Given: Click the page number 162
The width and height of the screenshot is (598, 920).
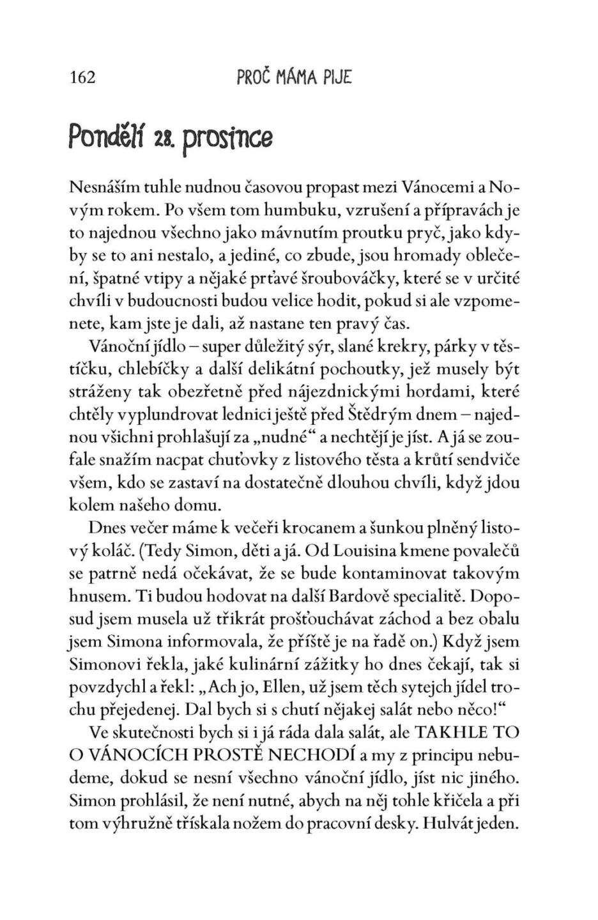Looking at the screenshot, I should [x=82, y=78].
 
